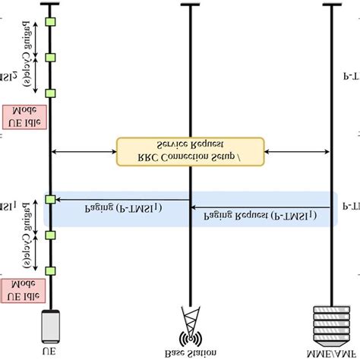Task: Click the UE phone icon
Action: click(x=50, y=324)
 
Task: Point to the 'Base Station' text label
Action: click(x=189, y=351)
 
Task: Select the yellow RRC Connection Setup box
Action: click(x=190, y=151)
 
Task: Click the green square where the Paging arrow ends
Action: click(x=51, y=199)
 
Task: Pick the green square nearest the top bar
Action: click(x=51, y=21)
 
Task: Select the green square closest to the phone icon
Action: click(x=51, y=270)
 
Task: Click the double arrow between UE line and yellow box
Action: click(x=84, y=151)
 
